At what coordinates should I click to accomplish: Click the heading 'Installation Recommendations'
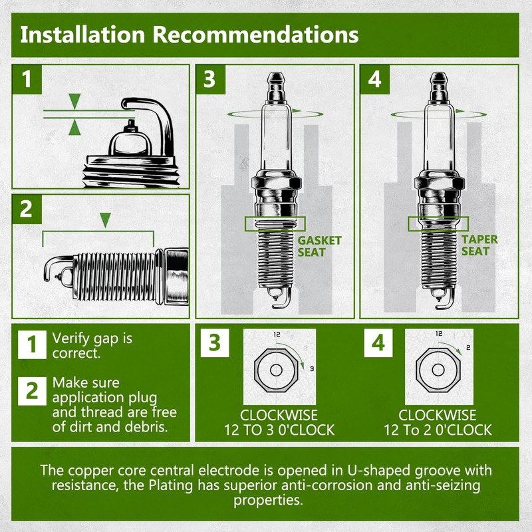click(x=189, y=34)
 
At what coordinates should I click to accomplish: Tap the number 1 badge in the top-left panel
click(x=27, y=80)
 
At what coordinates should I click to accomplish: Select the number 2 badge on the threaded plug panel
click(x=27, y=209)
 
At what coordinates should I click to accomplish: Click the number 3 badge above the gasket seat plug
click(x=209, y=80)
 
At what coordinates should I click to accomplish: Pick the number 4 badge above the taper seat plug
click(x=374, y=80)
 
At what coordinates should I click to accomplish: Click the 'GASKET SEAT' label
click(x=319, y=246)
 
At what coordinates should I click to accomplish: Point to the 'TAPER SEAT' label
click(x=479, y=245)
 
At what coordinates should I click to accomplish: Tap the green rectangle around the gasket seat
click(x=275, y=224)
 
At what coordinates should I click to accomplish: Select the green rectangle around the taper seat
click(x=438, y=224)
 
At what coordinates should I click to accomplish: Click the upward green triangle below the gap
click(x=74, y=128)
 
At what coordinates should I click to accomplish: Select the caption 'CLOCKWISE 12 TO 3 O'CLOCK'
click(x=279, y=422)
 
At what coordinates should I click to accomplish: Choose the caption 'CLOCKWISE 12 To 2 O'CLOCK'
click(x=438, y=422)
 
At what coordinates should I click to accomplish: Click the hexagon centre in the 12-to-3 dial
click(x=275, y=369)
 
